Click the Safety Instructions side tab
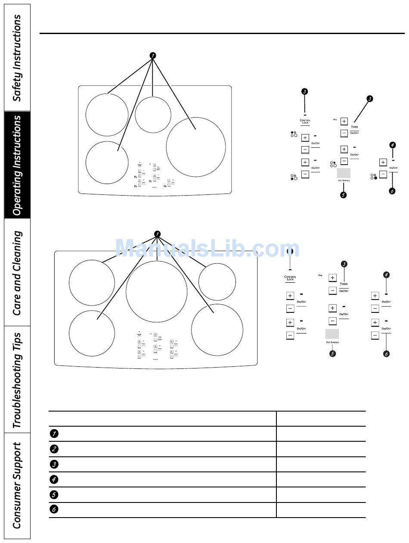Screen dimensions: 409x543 tap(17, 58)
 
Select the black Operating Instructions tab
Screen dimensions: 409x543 tap(17, 165)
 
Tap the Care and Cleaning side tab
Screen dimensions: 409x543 tap(17, 272)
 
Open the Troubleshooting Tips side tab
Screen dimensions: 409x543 tap(17, 379)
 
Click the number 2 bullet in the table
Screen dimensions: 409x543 tap(54, 449)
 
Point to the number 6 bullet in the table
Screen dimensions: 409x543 tap(54, 509)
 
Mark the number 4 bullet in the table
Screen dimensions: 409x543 tap(54, 479)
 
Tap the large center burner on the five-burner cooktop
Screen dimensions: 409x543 tap(157, 291)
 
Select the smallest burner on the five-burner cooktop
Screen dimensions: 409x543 tap(217, 282)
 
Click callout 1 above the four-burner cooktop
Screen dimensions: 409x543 tap(152, 56)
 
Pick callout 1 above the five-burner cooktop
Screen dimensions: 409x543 tap(157, 234)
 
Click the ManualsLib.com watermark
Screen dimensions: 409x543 tap(207, 249)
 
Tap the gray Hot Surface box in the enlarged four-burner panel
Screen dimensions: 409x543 tap(343, 173)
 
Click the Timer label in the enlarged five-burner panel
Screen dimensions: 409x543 tap(344, 284)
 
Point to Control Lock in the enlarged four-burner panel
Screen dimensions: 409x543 tap(305, 122)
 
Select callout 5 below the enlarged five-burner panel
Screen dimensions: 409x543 tap(332, 353)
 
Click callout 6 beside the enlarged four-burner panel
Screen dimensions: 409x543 tap(392, 191)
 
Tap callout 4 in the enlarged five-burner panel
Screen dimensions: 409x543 tap(386, 275)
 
